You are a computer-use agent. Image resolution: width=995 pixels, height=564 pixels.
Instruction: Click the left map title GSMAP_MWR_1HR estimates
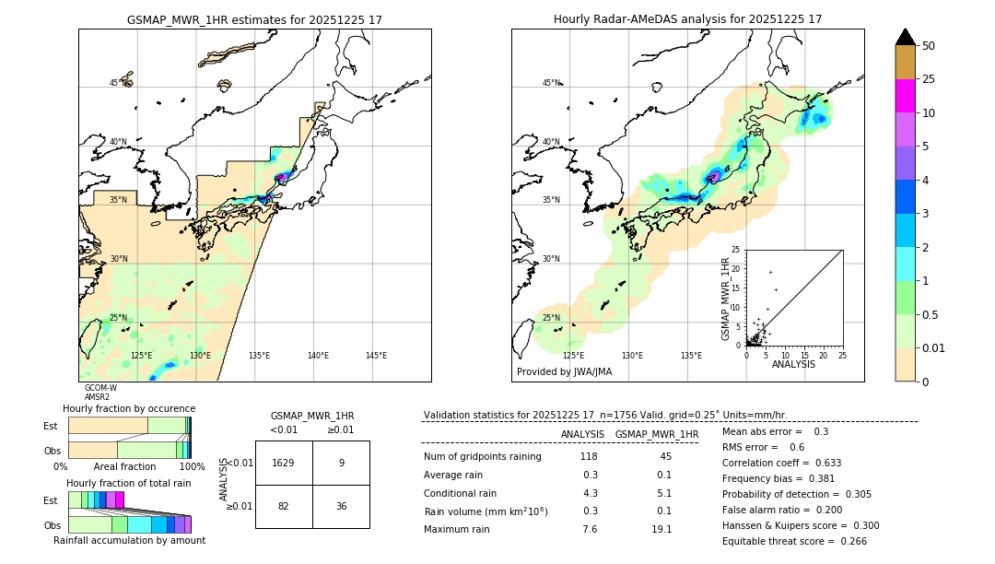tap(254, 19)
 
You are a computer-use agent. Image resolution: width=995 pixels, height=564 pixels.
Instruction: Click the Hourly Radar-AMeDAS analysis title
tap(687, 19)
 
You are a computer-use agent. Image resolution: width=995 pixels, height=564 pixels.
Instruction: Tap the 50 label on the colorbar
tap(929, 46)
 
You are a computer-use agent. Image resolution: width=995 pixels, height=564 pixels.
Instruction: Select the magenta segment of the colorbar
tap(905, 96)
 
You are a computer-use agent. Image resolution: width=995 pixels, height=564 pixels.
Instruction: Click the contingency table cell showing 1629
tap(284, 463)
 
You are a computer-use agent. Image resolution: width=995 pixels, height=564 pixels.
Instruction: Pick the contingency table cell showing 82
tap(284, 507)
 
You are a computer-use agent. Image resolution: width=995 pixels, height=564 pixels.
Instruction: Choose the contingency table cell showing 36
tap(341, 507)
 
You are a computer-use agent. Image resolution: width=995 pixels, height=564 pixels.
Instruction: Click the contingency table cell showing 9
tap(341, 463)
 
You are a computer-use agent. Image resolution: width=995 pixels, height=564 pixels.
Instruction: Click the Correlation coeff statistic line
tap(781, 463)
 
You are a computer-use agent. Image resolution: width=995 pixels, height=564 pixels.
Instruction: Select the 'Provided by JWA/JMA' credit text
tap(564, 372)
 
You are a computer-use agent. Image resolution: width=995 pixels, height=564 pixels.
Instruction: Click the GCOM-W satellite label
tap(100, 388)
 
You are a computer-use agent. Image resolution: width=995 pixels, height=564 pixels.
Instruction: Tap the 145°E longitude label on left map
tap(376, 356)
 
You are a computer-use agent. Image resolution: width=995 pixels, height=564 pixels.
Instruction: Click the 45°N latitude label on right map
tap(551, 83)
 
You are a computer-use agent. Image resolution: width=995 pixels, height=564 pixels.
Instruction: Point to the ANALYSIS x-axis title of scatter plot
tap(793, 364)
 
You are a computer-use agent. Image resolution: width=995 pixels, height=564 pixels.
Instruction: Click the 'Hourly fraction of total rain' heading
tap(128, 483)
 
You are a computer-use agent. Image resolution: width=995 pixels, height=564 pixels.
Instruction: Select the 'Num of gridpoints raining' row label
tap(482, 457)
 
